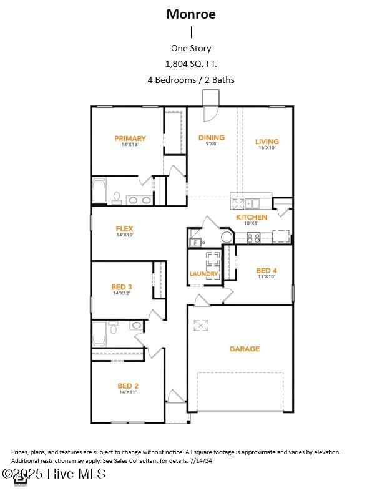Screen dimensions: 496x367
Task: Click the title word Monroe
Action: (191, 14)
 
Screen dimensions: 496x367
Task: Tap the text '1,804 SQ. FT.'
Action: (191, 64)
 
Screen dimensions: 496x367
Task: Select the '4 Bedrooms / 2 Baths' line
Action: (191, 80)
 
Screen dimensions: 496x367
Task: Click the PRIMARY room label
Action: (130, 139)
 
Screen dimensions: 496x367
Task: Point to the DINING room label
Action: (212, 138)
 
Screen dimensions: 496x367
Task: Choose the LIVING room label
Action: (267, 142)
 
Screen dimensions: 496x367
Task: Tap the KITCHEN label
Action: (252, 217)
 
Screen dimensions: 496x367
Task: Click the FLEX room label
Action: (124, 229)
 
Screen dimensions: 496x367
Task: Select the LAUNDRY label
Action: (204, 274)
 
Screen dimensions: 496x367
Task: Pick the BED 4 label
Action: (266, 271)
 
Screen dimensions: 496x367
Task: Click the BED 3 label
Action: (121, 287)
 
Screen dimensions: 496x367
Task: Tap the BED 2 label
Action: (127, 386)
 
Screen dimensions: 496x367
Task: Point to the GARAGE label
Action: (244, 349)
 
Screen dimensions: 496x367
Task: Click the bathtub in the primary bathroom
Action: (99, 192)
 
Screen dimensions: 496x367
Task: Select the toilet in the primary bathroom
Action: (116, 198)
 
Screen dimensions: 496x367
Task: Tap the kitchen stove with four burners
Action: (254, 237)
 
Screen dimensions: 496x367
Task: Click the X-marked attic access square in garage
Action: (200, 324)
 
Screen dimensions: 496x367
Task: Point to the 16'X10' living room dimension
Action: (267, 148)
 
